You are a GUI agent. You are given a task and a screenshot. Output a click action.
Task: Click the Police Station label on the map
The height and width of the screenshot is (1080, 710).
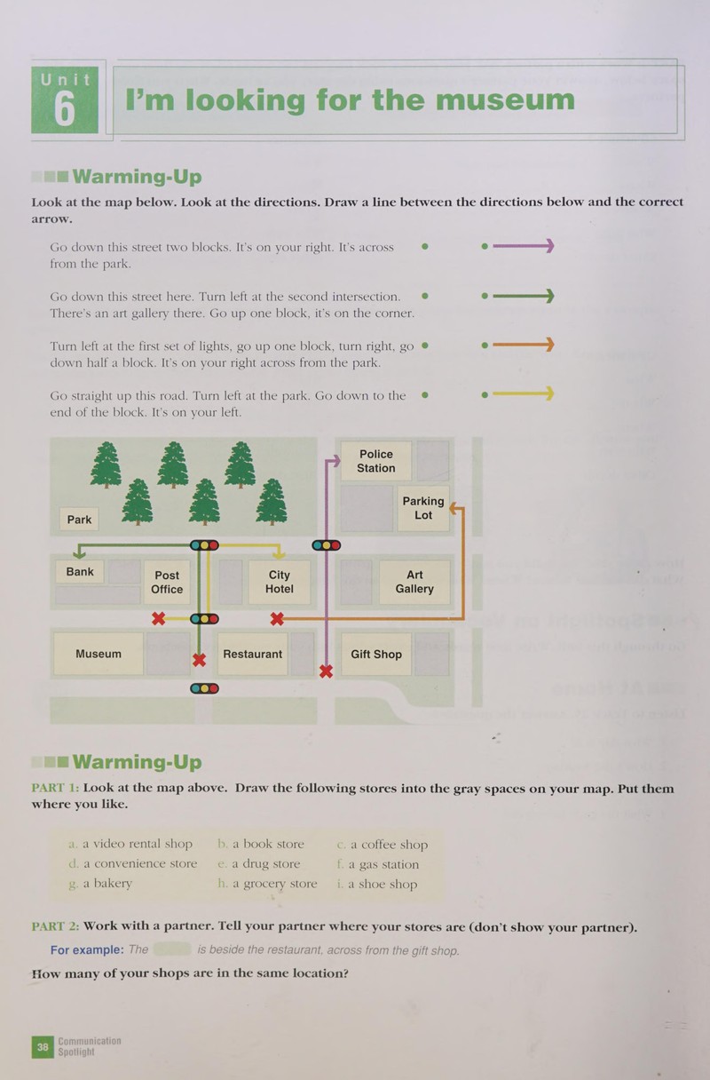(x=375, y=461)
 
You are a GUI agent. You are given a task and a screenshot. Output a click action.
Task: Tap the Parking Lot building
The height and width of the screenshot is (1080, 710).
(x=423, y=508)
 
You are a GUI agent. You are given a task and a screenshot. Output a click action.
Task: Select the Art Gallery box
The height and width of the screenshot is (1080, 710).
(x=414, y=582)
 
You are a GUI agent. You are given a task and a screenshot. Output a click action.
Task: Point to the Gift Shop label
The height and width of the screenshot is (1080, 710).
(x=376, y=655)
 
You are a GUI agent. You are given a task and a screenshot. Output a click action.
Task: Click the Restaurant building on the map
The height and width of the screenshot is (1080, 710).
(x=252, y=655)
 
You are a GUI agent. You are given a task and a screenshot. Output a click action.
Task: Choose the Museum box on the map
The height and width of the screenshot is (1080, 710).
(x=99, y=654)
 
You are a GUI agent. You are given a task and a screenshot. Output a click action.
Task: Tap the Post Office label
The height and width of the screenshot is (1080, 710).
(x=167, y=582)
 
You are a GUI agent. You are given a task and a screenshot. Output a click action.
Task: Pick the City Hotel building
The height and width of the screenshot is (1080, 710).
(x=280, y=582)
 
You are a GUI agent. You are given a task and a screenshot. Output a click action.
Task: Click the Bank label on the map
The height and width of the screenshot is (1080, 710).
(x=80, y=572)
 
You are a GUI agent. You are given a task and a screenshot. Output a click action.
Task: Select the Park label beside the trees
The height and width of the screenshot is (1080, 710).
(x=79, y=520)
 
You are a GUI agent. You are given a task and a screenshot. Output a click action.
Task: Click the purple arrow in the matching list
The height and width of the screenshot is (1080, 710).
(x=518, y=246)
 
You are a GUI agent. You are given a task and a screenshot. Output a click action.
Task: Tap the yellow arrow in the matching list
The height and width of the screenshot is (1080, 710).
(x=518, y=394)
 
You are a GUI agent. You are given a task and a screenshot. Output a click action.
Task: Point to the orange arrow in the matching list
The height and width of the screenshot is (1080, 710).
(x=518, y=345)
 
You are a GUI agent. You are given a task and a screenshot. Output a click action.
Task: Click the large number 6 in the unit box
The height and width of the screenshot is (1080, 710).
(x=65, y=109)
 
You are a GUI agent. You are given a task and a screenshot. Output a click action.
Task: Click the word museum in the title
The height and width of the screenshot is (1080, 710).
(x=505, y=99)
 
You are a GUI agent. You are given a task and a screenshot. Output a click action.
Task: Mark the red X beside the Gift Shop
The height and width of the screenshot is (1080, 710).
(x=326, y=671)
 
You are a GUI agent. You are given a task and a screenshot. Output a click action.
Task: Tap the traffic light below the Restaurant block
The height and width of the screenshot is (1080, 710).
(x=205, y=688)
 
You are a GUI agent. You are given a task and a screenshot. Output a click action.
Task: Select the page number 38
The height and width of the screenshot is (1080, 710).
(x=43, y=1047)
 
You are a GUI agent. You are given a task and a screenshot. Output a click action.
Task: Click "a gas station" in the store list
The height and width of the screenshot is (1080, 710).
(x=378, y=864)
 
